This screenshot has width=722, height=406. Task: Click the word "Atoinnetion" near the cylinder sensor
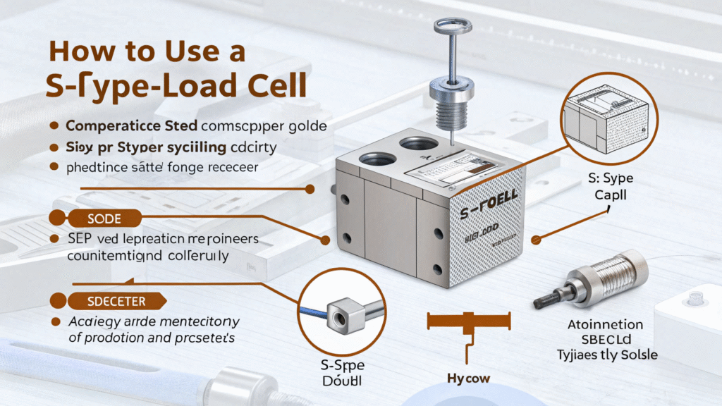pos(606,325)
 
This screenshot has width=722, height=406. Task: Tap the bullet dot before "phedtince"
pos(52,168)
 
